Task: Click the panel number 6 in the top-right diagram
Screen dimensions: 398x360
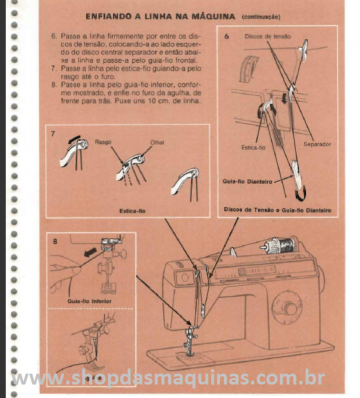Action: (227, 36)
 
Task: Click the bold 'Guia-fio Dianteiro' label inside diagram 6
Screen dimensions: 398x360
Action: (245, 181)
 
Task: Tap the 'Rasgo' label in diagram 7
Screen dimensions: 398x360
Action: (103, 141)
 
